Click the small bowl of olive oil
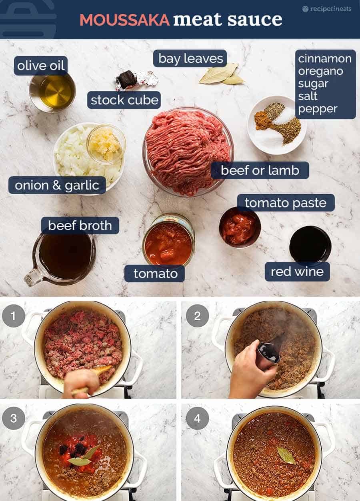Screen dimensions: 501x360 click(52, 92)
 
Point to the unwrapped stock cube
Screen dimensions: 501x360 click(128, 79)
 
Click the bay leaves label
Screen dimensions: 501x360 click(190, 59)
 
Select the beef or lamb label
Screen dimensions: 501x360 click(260, 170)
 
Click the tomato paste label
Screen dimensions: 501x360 click(286, 203)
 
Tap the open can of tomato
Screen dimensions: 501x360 click(168, 240)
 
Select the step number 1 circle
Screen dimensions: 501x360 click(14, 316)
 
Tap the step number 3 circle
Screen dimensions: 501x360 click(14, 418)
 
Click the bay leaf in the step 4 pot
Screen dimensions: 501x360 click(286, 455)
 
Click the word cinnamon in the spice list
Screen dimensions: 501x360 click(324, 59)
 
